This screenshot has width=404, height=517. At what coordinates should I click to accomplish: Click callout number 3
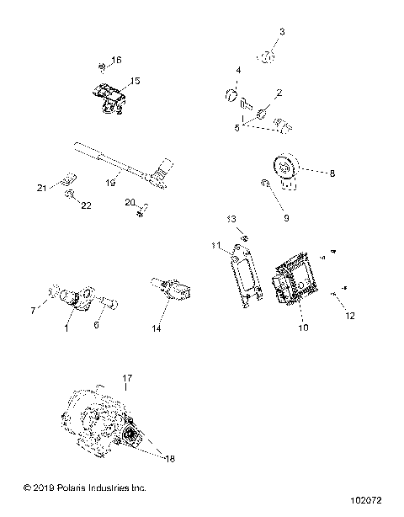(282, 31)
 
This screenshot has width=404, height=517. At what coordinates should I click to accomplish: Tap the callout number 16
(117, 60)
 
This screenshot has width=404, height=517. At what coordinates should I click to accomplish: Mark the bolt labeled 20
(142, 206)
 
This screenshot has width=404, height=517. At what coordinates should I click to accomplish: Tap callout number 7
(34, 311)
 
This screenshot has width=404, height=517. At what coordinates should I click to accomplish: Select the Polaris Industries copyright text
(74, 488)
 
